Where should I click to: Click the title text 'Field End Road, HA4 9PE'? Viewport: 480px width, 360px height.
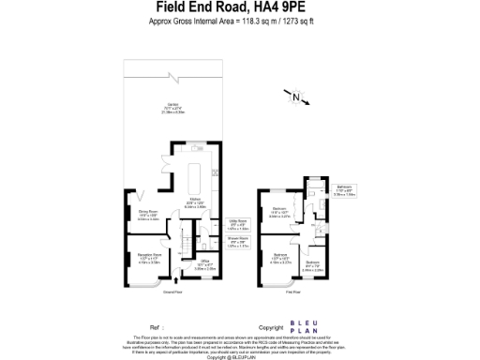[x=239, y=7]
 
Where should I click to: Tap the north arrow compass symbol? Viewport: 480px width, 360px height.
[x=296, y=97]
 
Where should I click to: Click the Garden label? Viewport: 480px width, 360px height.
[x=173, y=109]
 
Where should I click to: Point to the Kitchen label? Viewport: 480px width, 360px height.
[x=196, y=202]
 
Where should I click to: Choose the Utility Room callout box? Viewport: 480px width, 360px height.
[x=239, y=225]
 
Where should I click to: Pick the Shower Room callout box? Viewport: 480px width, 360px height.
[x=239, y=242]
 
